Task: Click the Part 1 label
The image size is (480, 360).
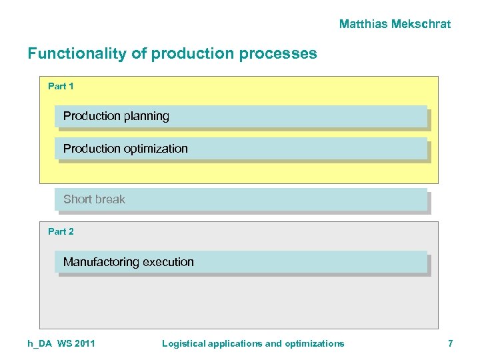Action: (61, 86)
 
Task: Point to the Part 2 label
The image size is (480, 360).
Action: (61, 231)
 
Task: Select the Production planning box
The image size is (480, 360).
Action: (241, 116)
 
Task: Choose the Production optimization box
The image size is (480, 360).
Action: (241, 149)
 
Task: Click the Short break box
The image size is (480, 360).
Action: (241, 199)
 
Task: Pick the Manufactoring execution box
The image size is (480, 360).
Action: (241, 262)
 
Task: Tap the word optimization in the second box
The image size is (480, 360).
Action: (155, 149)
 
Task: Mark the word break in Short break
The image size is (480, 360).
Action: (111, 199)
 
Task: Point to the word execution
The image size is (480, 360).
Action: (169, 262)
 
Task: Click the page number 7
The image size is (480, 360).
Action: (450, 343)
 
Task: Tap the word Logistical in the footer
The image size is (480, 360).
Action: (183, 343)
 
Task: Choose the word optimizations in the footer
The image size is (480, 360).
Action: (315, 343)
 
